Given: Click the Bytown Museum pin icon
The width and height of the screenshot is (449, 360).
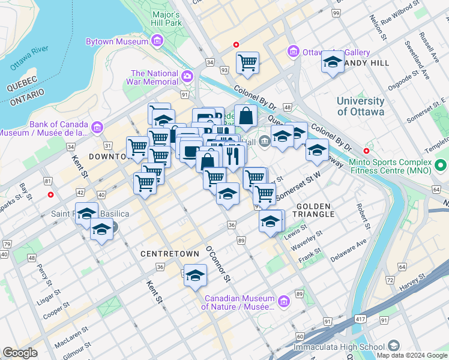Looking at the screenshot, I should tap(157, 41).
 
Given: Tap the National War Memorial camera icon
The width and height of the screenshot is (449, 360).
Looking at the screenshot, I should tap(187, 76).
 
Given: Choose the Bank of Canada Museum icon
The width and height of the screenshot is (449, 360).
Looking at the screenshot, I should tap(97, 127).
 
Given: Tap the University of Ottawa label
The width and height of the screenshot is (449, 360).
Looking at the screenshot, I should tap(360, 106).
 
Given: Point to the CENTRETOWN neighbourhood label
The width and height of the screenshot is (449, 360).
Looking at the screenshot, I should tap(170, 254).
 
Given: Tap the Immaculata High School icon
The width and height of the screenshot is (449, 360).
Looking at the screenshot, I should tap(393, 346).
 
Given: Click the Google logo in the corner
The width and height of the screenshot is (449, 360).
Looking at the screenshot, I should tap(20, 353).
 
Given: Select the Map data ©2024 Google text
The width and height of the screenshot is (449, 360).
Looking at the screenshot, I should tap(411, 355).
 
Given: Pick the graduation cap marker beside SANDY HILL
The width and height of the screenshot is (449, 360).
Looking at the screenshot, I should tap(333, 62).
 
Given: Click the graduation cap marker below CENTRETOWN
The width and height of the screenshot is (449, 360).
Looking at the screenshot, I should tap(195, 275).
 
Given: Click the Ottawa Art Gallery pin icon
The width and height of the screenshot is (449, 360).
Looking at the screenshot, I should tap(293, 52).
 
